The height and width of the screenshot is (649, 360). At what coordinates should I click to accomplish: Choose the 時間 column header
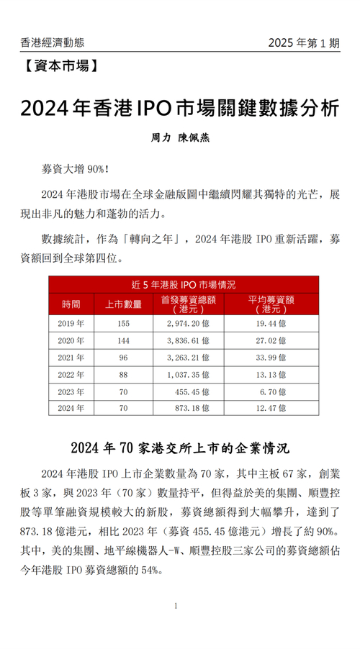point(71,303)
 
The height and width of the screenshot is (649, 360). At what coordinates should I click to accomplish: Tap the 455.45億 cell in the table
point(189,392)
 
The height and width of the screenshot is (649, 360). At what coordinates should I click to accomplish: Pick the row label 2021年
point(71,358)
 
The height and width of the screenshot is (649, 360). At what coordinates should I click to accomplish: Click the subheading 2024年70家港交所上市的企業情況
point(179,447)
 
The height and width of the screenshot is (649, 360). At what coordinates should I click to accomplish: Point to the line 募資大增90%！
point(76,170)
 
